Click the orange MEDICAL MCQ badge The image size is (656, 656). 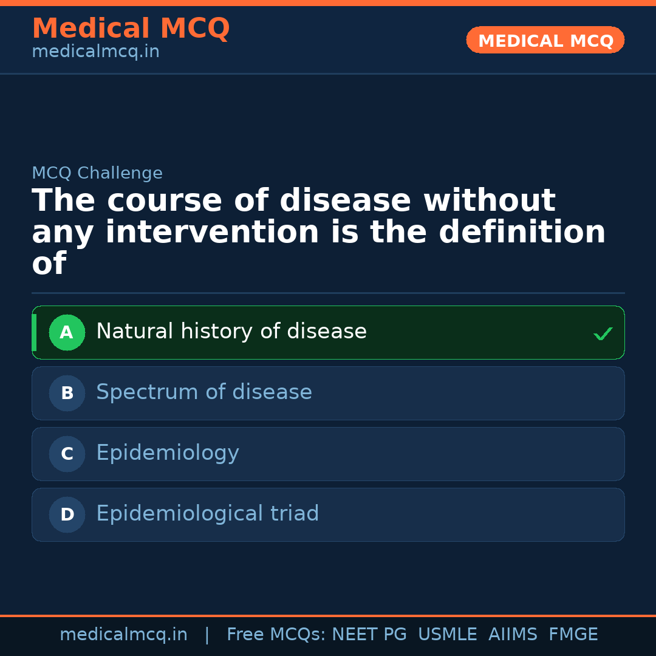click(x=545, y=40)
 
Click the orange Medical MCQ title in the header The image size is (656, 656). click(x=131, y=28)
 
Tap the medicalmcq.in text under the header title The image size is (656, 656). click(x=96, y=52)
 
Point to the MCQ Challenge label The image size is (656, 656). click(x=97, y=173)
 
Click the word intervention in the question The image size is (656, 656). click(x=212, y=232)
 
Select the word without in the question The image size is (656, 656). click(x=490, y=200)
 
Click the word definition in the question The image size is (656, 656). click(x=522, y=232)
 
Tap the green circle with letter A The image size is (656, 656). click(x=67, y=333)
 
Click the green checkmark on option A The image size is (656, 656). click(x=603, y=333)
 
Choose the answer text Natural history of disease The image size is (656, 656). click(x=231, y=331)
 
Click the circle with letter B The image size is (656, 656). click(x=67, y=393)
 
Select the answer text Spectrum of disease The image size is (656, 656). click(x=204, y=392)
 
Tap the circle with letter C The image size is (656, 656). click(x=67, y=454)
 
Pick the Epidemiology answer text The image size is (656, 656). click(x=168, y=453)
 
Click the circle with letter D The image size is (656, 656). click(x=67, y=514)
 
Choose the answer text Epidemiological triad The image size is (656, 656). click(x=208, y=513)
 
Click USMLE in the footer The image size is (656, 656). click(x=447, y=634)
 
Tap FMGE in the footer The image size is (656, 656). click(x=573, y=634)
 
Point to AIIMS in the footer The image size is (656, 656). click(x=513, y=634)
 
